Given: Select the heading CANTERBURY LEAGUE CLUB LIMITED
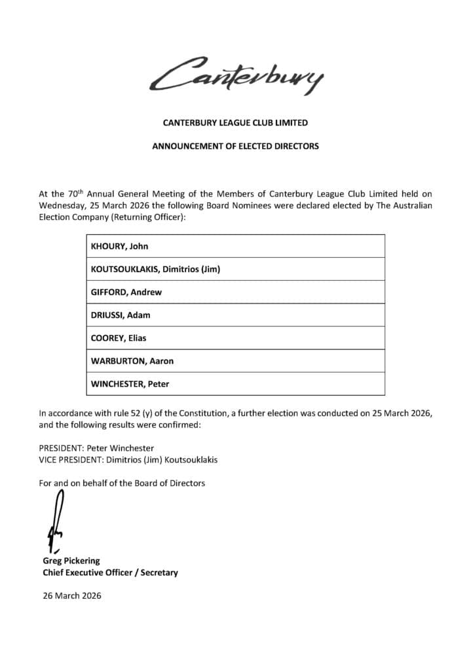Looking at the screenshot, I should [x=235, y=122].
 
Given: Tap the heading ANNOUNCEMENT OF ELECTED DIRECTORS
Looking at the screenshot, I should [x=235, y=147].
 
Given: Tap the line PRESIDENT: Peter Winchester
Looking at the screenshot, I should [x=96, y=448].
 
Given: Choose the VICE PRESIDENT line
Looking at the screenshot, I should [x=128, y=460].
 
